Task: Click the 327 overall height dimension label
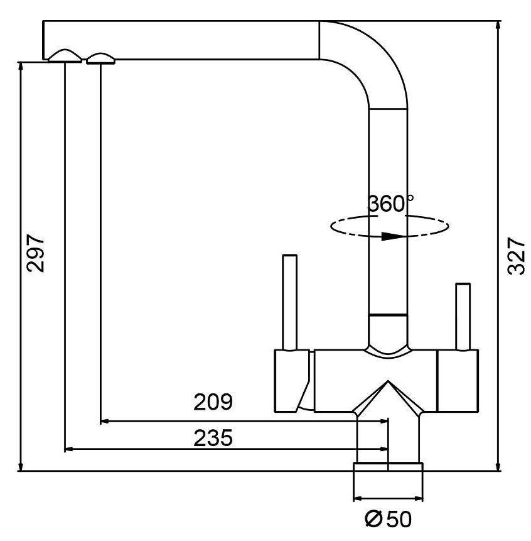click(515, 256)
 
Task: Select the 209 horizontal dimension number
click(213, 403)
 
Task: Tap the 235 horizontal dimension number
click(213, 437)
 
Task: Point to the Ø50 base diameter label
click(387, 520)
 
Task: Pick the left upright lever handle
click(289, 302)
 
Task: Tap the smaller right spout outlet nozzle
click(100, 58)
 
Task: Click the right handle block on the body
click(456, 381)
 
